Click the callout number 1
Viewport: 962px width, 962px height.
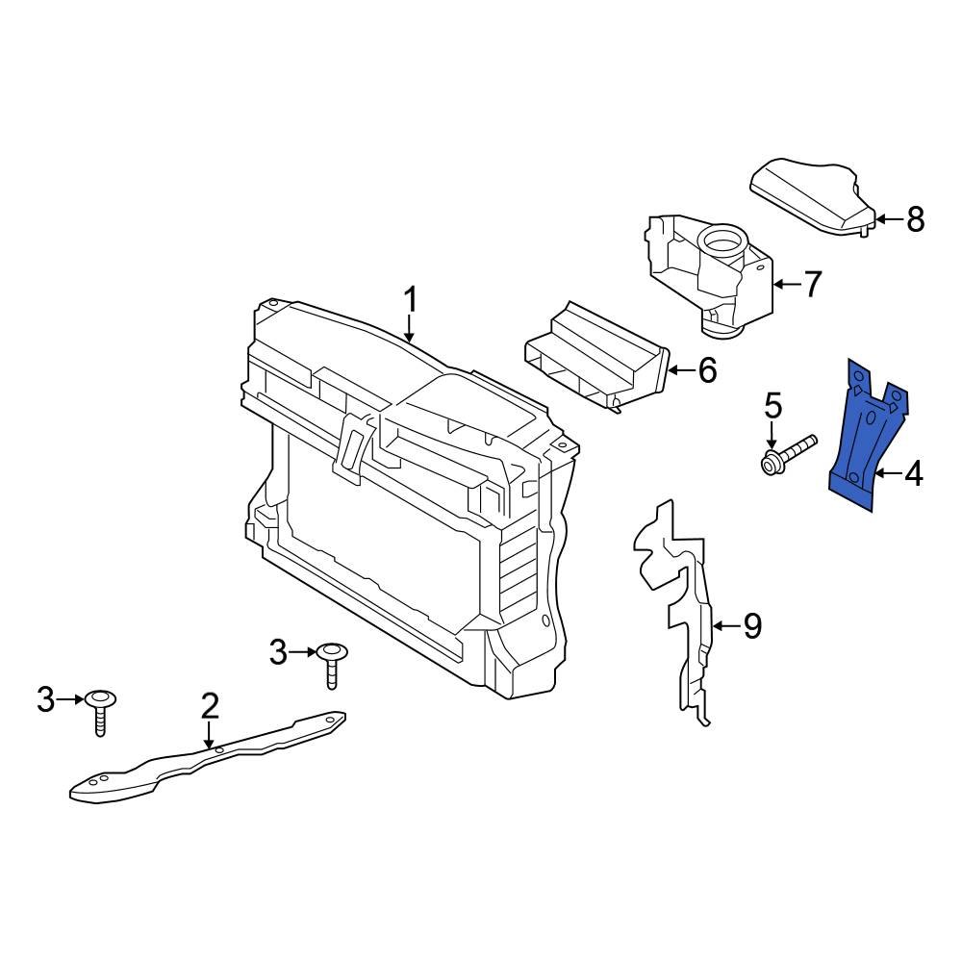[x=411, y=300]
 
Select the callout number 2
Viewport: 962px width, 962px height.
[x=210, y=707]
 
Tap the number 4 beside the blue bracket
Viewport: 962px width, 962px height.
[x=912, y=473]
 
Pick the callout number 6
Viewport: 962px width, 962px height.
[x=707, y=370]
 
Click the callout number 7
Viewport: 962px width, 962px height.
[x=812, y=284]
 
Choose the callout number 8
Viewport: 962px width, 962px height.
[x=914, y=219]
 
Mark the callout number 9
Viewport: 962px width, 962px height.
[x=751, y=627]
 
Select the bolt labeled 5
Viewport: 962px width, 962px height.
[x=789, y=454]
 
